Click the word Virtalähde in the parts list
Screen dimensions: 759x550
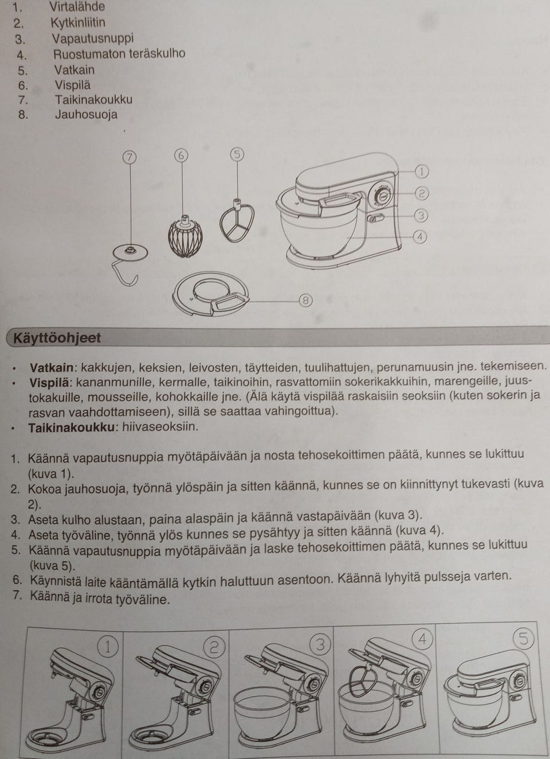coord(77,7)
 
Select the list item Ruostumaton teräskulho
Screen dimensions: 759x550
coord(119,54)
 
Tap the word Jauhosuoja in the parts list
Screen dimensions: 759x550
coord(86,114)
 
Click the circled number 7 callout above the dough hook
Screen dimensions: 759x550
coord(130,157)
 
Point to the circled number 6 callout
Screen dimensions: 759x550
coord(181,155)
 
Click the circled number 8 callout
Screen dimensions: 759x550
coord(306,300)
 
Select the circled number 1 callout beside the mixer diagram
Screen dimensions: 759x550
coord(421,171)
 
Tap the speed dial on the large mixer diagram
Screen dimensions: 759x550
coord(381,197)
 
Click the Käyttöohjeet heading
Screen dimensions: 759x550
coord(57,338)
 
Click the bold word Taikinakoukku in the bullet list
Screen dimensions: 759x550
coord(73,427)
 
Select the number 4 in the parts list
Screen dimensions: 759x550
coord(22,56)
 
